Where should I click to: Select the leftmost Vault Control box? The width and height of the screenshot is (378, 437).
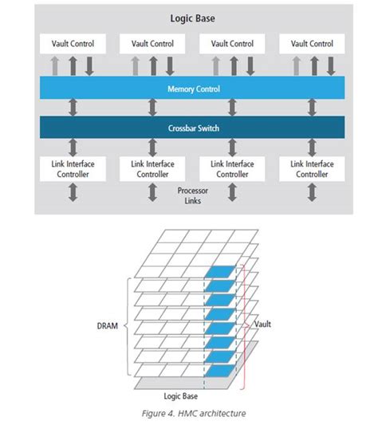pos(72,44)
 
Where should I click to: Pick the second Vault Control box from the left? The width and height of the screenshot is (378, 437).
pos(152,44)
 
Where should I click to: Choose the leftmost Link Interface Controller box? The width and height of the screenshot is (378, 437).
pos(72,168)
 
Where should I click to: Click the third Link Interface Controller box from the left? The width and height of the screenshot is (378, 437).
pos(231,168)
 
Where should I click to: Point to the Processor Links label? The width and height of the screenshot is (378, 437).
pos(191,195)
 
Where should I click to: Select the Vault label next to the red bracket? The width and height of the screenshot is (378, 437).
pos(264,325)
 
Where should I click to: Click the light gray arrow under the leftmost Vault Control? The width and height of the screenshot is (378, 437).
pos(55,65)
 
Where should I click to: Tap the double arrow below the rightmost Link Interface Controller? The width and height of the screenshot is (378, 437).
pos(312,192)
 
